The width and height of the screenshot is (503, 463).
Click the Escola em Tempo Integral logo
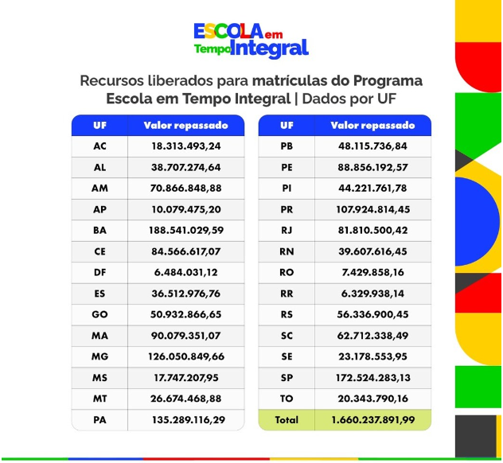pyautogui.click(x=251, y=39)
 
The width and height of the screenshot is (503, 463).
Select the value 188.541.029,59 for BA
pyautogui.click(x=185, y=231)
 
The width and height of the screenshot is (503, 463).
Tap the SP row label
pyautogui.click(x=287, y=377)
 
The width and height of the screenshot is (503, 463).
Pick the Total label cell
pyautogui.click(x=287, y=419)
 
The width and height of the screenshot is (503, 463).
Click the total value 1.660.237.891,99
pyautogui.click(x=372, y=419)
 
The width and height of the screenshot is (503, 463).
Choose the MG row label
pyautogui.click(x=99, y=356)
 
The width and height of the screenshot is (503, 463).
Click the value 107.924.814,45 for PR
pyautogui.click(x=372, y=210)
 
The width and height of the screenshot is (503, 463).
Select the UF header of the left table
pyautogui.click(x=99, y=126)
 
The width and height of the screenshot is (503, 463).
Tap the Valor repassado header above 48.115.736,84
pyautogui.click(x=372, y=126)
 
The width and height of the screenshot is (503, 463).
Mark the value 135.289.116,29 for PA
pyautogui.click(x=185, y=419)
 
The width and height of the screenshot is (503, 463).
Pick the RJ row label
pyautogui.click(x=287, y=231)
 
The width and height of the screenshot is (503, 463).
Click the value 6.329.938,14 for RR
pyautogui.click(x=372, y=294)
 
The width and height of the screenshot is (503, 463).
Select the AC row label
pyautogui.click(x=99, y=147)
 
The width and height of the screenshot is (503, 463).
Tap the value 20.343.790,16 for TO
pyautogui.click(x=372, y=398)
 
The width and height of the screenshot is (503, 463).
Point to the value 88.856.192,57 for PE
pyautogui.click(x=372, y=168)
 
